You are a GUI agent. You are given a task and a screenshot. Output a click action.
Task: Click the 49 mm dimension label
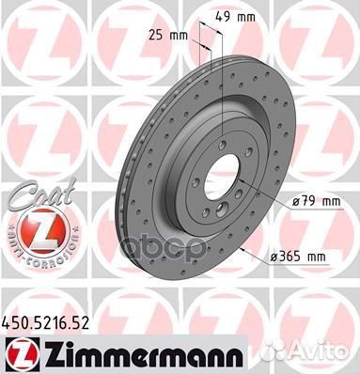tap(235, 17)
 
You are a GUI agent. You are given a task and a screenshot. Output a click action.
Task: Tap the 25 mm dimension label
tap(167, 36)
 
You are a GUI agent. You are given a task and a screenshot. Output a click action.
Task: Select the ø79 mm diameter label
tap(316, 201)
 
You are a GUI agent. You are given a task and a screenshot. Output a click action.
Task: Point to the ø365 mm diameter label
tap(298, 257)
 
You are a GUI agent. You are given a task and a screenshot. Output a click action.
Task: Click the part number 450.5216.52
tap(45, 323)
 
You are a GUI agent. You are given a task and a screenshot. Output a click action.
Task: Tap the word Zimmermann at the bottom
tap(142, 355)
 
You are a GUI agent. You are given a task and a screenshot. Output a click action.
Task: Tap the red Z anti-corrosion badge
tap(43, 230)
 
